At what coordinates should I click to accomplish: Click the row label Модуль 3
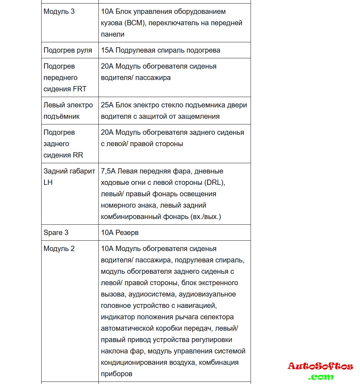pyautogui.click(x=59, y=11)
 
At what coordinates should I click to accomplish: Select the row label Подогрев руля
pyautogui.click(x=68, y=50)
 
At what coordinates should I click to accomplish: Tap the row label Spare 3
pyautogui.click(x=56, y=233)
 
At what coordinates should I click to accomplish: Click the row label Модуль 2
pyautogui.click(x=59, y=249)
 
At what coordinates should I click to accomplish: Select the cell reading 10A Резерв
pyautogui.click(x=120, y=233)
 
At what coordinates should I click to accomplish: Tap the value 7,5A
pyautogui.click(x=108, y=171)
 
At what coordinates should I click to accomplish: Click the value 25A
pyautogui.click(x=107, y=105)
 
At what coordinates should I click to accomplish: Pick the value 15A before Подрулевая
pyautogui.click(x=107, y=50)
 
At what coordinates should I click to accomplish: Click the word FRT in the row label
pyautogui.click(x=80, y=89)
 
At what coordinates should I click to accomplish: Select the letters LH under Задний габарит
pyautogui.click(x=48, y=182)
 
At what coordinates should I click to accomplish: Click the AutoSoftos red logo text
pyautogui.click(x=320, y=366)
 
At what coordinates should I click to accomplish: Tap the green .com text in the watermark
pyautogui.click(x=321, y=377)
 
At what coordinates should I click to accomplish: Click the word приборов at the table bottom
pyautogui.click(x=117, y=374)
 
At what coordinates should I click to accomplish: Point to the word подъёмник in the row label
pyautogui.click(x=61, y=116)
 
